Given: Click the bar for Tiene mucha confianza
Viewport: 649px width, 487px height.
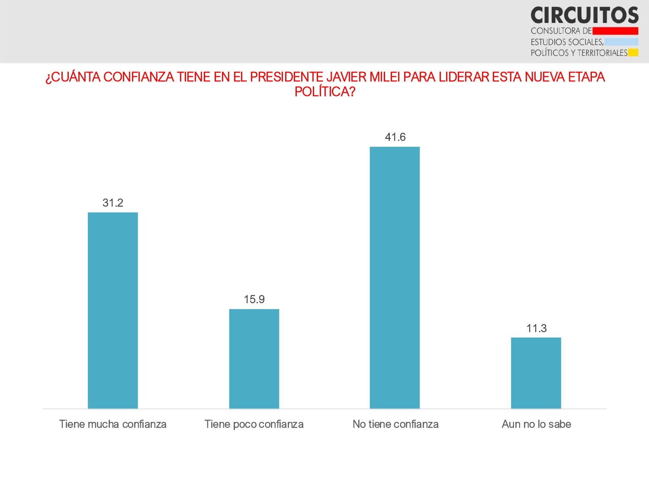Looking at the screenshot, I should coord(113,310).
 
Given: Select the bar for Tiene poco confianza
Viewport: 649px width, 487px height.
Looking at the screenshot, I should coord(254,359).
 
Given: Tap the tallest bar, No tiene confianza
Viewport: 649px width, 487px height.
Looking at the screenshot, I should coord(395,277).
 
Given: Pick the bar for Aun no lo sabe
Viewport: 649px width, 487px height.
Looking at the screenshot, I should coord(536,373).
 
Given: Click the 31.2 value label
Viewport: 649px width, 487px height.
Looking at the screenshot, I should coord(113,203).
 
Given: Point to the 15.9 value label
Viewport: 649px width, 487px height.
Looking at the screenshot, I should coord(254,300).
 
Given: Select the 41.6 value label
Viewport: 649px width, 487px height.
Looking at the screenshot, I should coord(395,137).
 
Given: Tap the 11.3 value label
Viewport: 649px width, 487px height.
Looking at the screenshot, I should coord(537,329).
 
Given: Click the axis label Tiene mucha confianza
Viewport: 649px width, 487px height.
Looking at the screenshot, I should coord(113,424).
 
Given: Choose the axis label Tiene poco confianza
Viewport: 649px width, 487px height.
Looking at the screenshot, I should coord(254,424).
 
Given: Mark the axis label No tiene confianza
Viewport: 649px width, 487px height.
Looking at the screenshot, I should coord(395,424).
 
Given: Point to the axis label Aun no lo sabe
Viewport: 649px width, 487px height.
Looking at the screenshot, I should coord(537,424).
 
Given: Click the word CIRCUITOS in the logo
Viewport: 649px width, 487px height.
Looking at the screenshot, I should coord(585,16).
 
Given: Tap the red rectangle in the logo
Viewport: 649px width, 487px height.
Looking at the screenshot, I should coord(615,31).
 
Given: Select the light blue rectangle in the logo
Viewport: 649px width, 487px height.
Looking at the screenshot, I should coord(621,42).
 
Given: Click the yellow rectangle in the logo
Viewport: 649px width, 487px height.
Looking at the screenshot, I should coord(633,53).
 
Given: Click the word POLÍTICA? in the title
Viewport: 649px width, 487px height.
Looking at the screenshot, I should coord(324,92).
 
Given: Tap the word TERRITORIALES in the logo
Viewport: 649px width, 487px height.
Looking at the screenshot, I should coord(602,53).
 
